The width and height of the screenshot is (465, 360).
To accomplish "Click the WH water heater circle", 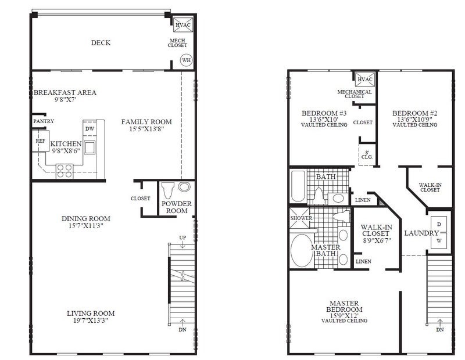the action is [186, 60].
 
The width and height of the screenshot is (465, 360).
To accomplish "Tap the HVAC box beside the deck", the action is [183, 25].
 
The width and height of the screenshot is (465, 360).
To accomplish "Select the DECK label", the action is [101, 42].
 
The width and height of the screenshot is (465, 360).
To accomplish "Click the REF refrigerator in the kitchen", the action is [41, 141].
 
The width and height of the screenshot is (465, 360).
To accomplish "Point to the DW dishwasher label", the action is [90, 129].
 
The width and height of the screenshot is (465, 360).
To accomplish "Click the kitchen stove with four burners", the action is [65, 171].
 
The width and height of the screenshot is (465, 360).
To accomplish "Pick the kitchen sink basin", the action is [90, 147].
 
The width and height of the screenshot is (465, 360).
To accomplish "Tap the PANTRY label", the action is [44, 121].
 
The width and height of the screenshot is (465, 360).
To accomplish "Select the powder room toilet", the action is [167, 190].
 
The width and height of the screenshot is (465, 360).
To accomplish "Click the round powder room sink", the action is [184, 187].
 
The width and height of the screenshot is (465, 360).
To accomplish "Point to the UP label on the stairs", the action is [183, 237].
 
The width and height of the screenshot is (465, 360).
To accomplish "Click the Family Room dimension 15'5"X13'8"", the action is [146, 129].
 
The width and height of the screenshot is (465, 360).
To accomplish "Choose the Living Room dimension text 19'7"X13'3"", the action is [91, 321].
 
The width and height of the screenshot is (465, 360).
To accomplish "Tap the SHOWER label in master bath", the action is [301, 218].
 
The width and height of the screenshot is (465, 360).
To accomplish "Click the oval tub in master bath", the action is [302, 250].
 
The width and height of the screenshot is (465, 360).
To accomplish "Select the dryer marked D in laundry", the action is [439, 225].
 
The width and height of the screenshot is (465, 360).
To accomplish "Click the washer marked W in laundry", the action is [439, 240].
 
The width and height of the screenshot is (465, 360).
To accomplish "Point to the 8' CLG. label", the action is [367, 155].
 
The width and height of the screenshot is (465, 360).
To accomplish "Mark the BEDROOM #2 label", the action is [414, 113].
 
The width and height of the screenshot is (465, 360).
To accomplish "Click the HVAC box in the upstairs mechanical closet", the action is [365, 80].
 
